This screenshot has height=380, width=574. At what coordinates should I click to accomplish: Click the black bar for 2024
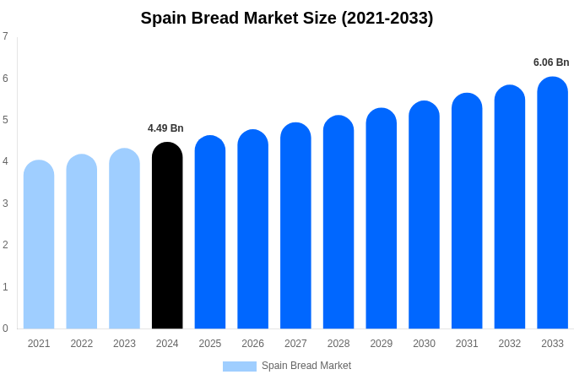pos(167,236)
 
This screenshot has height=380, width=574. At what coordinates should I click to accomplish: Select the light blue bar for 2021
pos(39,245)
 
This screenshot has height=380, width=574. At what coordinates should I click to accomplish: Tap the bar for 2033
pos(552,203)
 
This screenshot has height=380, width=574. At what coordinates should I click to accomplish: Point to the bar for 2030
pos(424,215)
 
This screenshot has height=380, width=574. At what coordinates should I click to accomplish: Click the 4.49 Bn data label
pos(165,128)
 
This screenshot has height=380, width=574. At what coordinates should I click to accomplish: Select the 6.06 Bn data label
pos(551,62)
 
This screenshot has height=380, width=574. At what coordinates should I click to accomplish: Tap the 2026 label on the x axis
pos(253,344)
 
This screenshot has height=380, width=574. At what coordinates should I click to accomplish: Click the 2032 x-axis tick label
pos(510,344)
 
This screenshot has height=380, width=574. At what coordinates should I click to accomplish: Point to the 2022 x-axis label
pos(82,344)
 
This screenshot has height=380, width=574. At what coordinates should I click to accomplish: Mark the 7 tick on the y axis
pos(5,36)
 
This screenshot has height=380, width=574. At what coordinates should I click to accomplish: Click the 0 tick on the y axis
pos(5,328)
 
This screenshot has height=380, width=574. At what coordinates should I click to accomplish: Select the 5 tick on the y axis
pos(5,120)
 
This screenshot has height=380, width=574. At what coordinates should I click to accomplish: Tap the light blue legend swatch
pos(239,366)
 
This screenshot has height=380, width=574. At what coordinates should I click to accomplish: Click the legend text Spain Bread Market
pos(306,366)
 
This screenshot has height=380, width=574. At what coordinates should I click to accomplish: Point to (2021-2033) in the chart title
pos(387,18)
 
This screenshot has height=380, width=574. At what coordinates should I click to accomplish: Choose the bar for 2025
pos(210,232)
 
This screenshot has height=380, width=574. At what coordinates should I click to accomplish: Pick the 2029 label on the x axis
pos(382,344)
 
